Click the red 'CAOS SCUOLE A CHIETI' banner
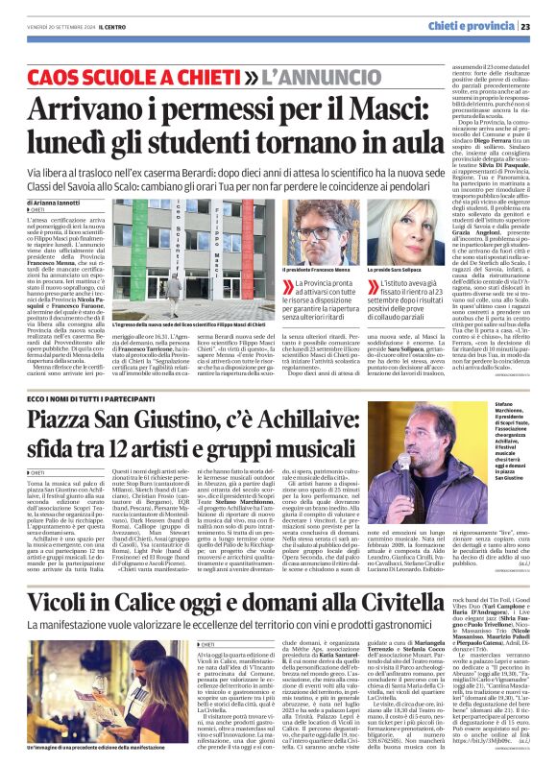143,74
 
